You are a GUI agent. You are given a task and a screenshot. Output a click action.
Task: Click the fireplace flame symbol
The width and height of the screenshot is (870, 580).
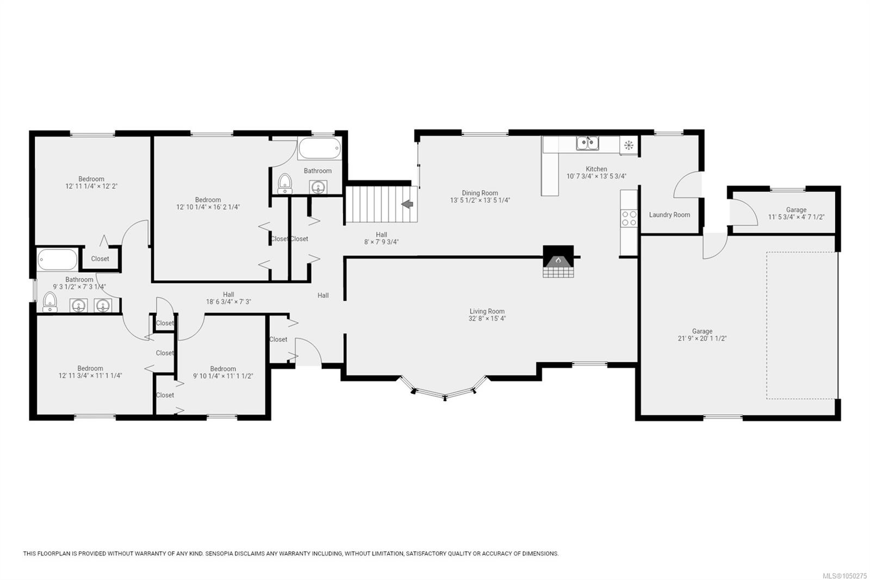[558, 260]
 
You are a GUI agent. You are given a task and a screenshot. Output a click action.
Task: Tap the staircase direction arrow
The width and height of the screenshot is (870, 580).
[407, 204]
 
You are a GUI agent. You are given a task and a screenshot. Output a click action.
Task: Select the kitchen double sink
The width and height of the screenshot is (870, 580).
[587, 143]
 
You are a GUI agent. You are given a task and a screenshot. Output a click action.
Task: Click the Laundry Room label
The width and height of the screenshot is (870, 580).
[669, 214]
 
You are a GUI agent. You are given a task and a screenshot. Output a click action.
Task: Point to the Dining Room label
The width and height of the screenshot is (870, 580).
[480, 193]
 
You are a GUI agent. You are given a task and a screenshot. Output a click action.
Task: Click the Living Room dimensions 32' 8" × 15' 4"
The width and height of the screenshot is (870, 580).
[487, 319]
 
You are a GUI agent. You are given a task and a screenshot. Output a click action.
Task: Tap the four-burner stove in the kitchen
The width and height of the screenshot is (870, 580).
[629, 219]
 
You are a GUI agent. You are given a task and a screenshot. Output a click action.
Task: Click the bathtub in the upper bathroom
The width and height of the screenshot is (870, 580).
[320, 148]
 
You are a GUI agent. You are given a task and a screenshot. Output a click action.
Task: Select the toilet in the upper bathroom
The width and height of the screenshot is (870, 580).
[285, 183]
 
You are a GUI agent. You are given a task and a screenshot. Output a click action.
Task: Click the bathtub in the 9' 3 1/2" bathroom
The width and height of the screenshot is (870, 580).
[58, 260]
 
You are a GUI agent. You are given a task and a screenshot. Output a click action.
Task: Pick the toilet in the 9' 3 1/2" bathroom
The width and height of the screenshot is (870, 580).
[49, 303]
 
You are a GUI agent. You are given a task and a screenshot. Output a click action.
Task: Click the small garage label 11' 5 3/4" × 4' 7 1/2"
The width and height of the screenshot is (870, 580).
[796, 217]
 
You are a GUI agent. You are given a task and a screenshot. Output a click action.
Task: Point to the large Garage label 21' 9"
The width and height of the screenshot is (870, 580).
[702, 331]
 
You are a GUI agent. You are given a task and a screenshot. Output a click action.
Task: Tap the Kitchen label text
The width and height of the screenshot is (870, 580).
[596, 169]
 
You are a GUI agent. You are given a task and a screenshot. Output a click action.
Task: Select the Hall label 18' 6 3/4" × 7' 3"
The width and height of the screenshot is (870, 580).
[228, 298]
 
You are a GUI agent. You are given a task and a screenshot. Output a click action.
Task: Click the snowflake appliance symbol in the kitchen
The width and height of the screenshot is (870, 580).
[629, 145]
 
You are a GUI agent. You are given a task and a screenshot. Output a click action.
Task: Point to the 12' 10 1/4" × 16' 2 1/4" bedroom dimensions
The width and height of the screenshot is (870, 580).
[208, 207]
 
